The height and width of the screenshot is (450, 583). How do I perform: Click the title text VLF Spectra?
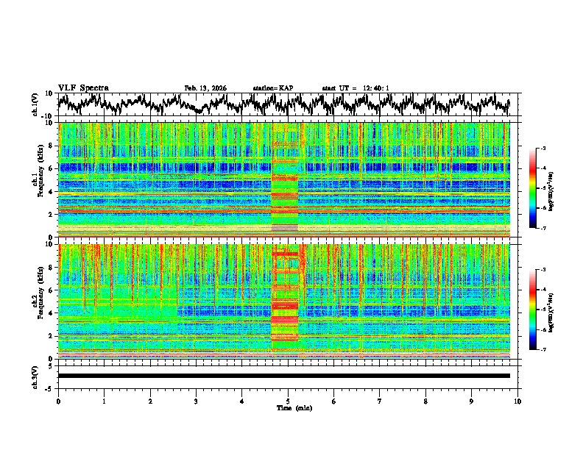tap(83, 88)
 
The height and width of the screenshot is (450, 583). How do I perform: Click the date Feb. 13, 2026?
tap(205, 88)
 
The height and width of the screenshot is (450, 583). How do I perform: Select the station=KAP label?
tap(273, 88)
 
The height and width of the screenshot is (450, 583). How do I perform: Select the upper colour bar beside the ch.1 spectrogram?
tap(540, 189)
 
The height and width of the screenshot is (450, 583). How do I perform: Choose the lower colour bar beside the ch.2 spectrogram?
tap(540, 310)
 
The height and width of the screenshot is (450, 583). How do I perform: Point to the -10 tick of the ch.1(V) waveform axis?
tap(49, 116)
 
